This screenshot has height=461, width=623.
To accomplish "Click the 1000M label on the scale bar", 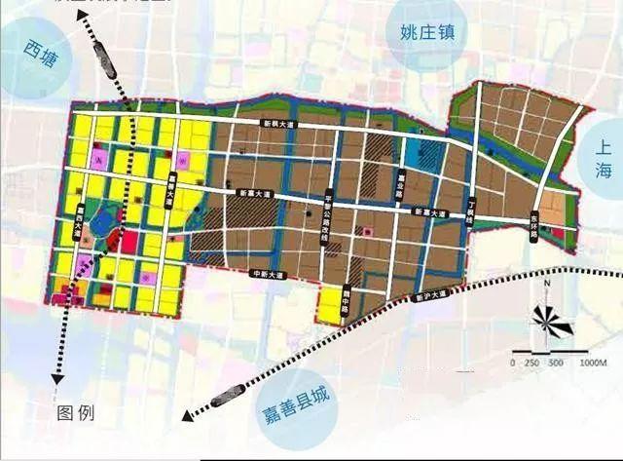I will [592, 362].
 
